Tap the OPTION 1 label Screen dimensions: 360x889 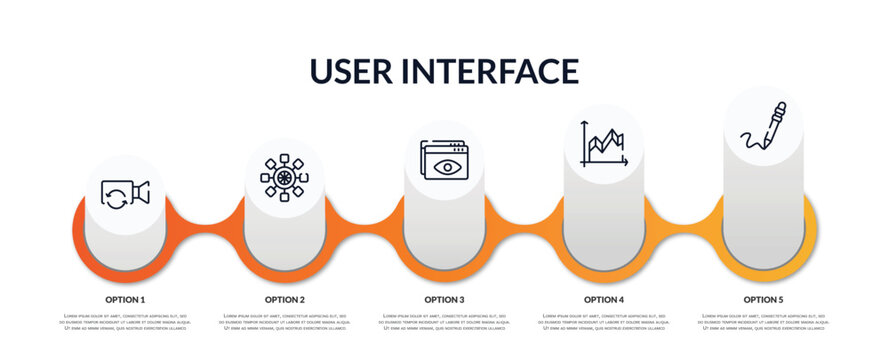point(125,299)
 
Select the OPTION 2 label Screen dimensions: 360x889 point(285,299)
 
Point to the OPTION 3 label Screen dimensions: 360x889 point(444,299)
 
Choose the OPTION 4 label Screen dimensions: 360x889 point(604,299)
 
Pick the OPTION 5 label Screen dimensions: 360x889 point(763,299)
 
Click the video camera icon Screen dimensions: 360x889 point(125,194)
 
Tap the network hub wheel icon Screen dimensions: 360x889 point(284,177)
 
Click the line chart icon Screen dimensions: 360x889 point(604,144)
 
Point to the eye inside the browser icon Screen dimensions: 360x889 point(447,165)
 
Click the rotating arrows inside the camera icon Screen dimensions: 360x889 point(117,197)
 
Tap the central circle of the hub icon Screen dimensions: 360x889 point(284,177)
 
